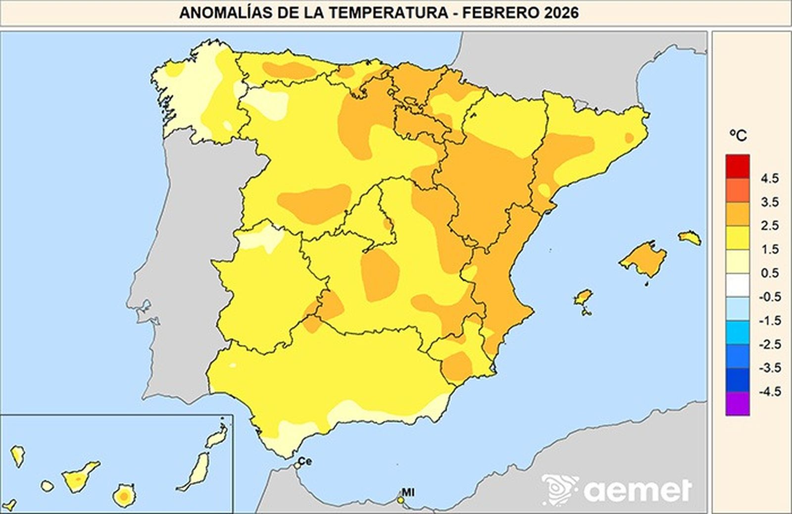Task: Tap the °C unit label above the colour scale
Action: click(738, 135)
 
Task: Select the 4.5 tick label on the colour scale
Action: click(769, 178)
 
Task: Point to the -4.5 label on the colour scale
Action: click(769, 392)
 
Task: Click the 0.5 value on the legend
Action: click(769, 273)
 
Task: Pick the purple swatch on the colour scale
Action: click(737, 404)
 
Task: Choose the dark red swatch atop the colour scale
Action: click(737, 166)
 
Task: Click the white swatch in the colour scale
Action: click(737, 285)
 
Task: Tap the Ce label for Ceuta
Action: click(305, 462)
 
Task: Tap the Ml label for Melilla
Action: click(408, 493)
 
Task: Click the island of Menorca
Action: click(690, 238)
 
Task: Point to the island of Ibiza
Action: click(583, 298)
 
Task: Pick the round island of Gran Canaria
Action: click(124, 496)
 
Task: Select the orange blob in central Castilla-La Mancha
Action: click(380, 275)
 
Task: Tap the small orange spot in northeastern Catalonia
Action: click(629, 138)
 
